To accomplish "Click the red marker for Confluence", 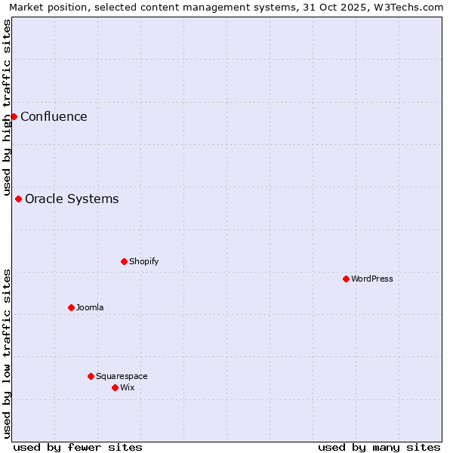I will click(x=14, y=116).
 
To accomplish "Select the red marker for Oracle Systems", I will click(x=18, y=199).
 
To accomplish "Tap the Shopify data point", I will click(x=124, y=261).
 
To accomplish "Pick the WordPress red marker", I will click(x=346, y=279).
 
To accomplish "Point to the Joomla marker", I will click(x=71, y=307).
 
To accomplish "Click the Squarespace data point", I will click(x=91, y=376).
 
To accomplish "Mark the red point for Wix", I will click(x=115, y=387).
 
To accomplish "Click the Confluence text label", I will click(x=54, y=116).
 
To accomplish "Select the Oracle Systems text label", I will click(x=72, y=199).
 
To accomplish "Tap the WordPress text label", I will click(x=372, y=279).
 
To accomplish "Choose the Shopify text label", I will click(x=143, y=261).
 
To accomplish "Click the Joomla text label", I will click(x=90, y=307).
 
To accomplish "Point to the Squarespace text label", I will click(x=122, y=376).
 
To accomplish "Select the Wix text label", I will click(x=127, y=387).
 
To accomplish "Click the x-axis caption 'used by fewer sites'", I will click(x=78, y=447).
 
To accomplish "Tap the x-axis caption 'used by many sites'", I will click(x=379, y=447).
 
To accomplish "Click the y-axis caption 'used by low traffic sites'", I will click(x=7, y=353).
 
